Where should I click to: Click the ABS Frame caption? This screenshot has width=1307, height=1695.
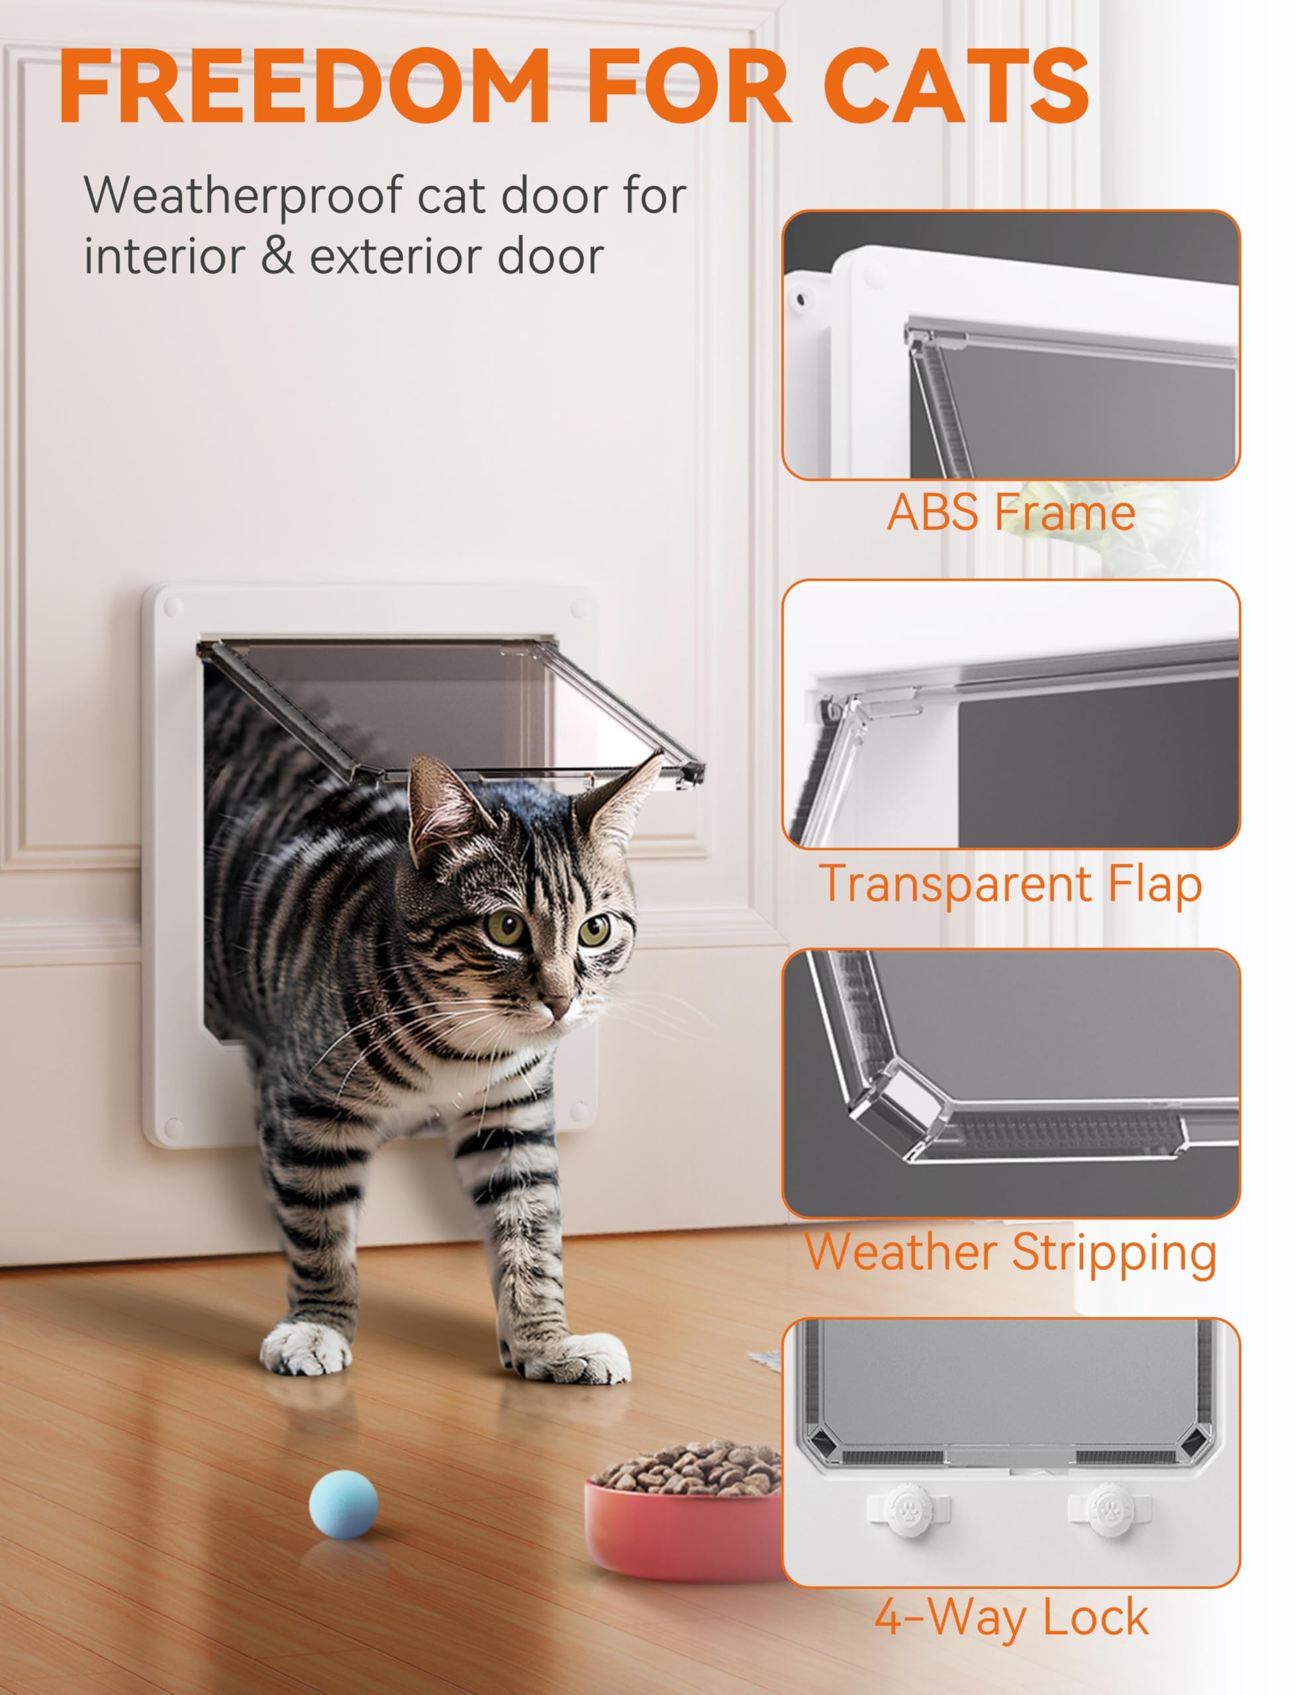pos(1010,513)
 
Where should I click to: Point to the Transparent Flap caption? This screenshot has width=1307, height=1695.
pos(1010,884)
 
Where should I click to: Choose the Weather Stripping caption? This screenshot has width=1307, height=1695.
pos(1010,1253)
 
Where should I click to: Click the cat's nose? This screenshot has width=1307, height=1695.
pos(553,1007)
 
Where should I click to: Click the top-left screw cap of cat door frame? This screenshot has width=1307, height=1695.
pos(172,606)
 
